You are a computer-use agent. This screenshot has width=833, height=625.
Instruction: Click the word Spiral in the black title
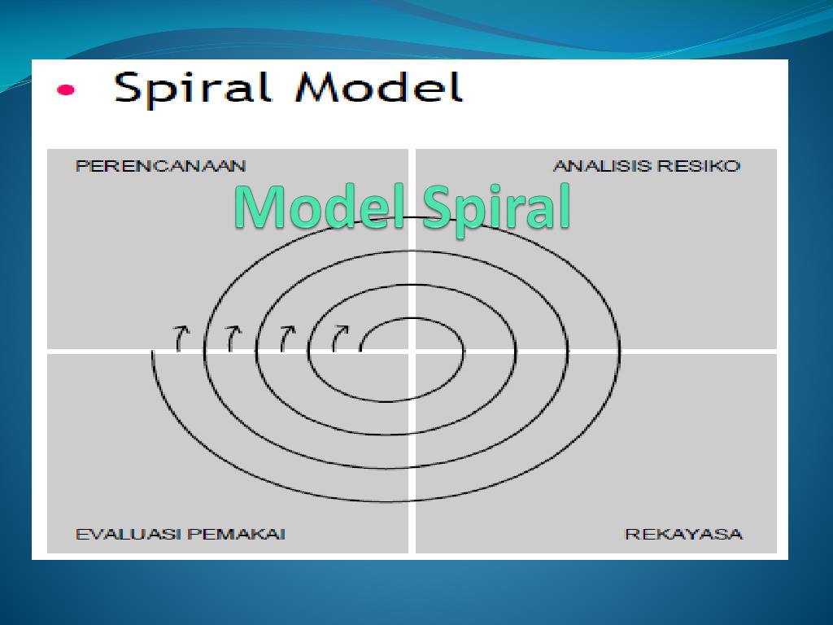pyautogui.click(x=198, y=88)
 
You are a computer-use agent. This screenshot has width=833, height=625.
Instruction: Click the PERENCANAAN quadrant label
pyautogui.click(x=160, y=166)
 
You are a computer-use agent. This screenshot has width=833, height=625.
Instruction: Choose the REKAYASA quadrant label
pyautogui.click(x=683, y=535)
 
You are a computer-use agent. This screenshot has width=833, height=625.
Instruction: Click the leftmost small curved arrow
pyautogui.click(x=181, y=337)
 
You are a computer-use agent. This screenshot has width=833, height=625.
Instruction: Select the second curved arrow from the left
pyautogui.click(x=233, y=337)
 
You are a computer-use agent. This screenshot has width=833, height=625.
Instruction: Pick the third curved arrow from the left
pyautogui.click(x=286, y=337)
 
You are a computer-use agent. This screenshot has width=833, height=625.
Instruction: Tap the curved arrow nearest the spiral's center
pyautogui.click(x=338, y=337)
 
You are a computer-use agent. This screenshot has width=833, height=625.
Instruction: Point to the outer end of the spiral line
pyautogui.click(x=153, y=353)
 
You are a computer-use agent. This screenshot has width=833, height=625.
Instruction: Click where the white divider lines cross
pyautogui.click(x=412, y=351)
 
